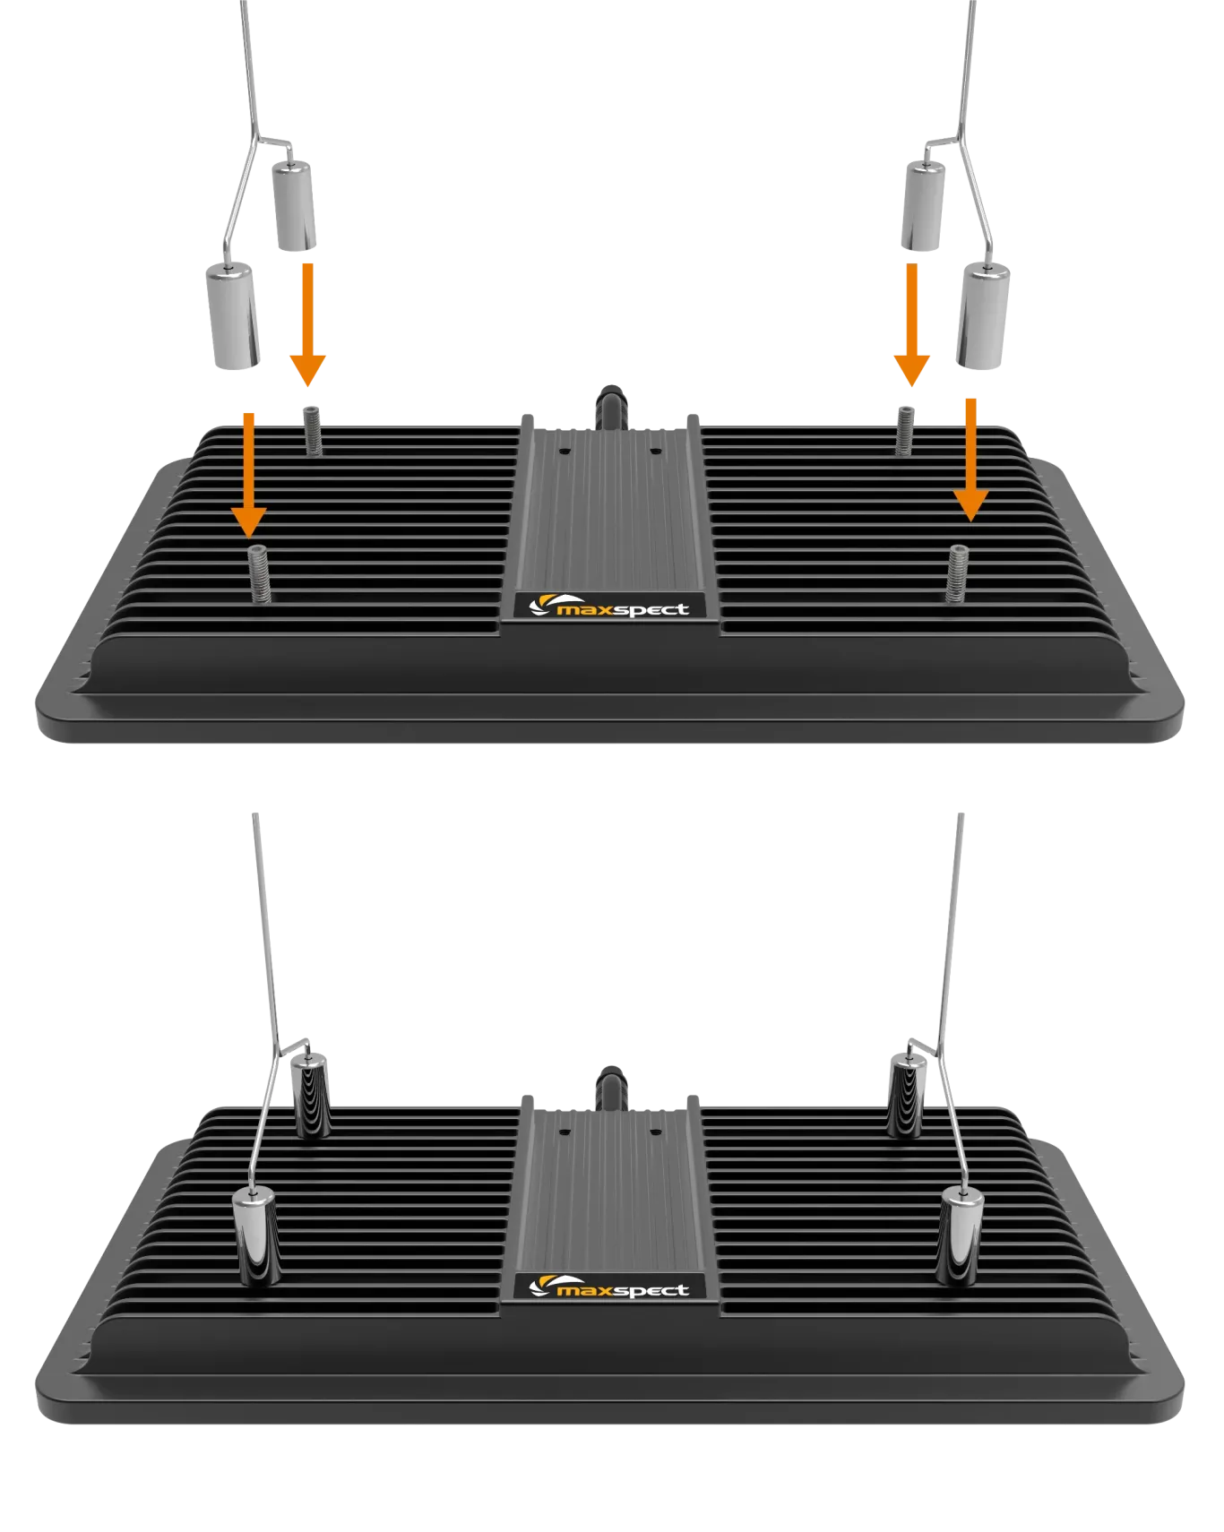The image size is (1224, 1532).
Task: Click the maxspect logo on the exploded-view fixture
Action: click(610, 607)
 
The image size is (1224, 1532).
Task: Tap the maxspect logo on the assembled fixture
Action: click(610, 1288)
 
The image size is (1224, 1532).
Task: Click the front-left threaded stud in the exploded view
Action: click(259, 573)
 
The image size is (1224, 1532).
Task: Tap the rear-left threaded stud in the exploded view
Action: click(313, 430)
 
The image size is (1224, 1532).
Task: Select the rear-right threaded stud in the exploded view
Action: click(905, 430)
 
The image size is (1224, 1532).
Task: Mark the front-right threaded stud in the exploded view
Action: click(958, 573)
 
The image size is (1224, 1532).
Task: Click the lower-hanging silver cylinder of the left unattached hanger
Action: click(233, 316)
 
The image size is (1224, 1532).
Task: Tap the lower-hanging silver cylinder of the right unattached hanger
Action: click(983, 316)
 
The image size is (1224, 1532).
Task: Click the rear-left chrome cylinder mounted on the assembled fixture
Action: click(310, 1096)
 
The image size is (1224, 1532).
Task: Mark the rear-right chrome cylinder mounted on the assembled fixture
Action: click(907, 1096)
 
